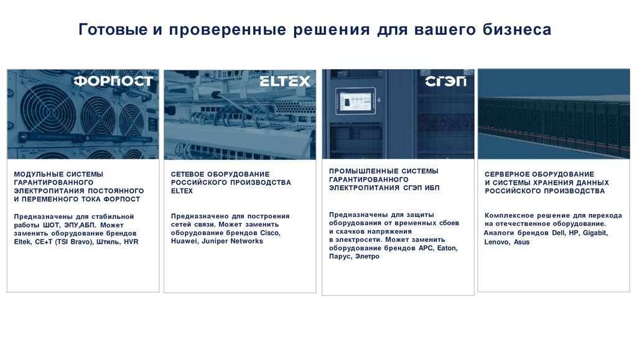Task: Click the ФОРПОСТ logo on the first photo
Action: click(x=113, y=81)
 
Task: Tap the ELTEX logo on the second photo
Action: click(x=284, y=81)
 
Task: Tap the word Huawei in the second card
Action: click(x=184, y=241)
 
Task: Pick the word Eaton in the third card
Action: click(x=446, y=248)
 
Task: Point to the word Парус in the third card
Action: click(x=340, y=256)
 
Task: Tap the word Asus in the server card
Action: click(x=522, y=242)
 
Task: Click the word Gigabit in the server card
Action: click(x=595, y=233)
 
